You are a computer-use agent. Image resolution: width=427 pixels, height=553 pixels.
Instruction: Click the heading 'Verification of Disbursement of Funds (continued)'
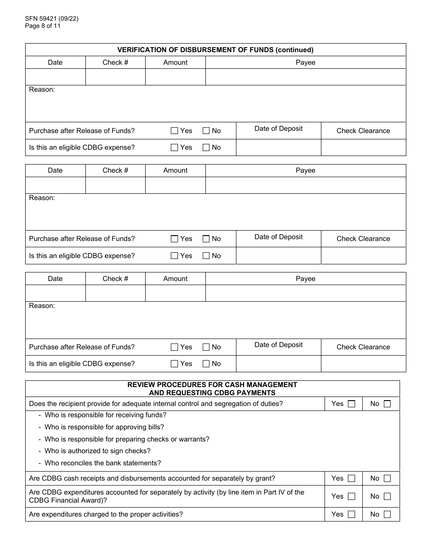click(x=215, y=50)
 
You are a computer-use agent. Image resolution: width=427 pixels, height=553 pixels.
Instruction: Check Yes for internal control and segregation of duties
click(x=351, y=404)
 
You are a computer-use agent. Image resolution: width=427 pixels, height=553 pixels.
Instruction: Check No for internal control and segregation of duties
click(x=387, y=404)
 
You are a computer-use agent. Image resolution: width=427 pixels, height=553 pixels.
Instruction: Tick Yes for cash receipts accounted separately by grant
click(x=351, y=478)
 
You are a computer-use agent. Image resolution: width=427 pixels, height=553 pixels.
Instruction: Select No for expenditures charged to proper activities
click(x=387, y=514)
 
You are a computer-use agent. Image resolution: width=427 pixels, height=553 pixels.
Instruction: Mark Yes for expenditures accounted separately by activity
click(x=351, y=496)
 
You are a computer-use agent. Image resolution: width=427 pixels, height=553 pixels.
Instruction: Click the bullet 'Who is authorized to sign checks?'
click(x=98, y=451)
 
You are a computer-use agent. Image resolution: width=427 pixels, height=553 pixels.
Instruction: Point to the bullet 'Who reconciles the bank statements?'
click(x=102, y=463)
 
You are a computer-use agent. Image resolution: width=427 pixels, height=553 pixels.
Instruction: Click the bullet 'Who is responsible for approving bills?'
click(x=104, y=427)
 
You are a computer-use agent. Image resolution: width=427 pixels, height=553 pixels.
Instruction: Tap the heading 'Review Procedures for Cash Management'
click(x=212, y=385)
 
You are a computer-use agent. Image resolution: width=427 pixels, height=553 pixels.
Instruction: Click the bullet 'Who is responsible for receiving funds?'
click(x=105, y=415)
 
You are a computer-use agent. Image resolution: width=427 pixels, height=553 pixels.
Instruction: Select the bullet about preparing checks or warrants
click(x=127, y=439)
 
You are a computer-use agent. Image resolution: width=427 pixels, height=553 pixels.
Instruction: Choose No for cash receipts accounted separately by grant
click(x=387, y=478)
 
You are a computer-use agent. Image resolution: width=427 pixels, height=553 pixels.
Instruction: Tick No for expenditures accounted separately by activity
click(x=387, y=496)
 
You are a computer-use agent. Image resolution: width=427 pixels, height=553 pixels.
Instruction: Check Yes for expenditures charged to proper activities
click(x=351, y=514)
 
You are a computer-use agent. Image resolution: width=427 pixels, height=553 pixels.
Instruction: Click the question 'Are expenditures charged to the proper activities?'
click(x=106, y=514)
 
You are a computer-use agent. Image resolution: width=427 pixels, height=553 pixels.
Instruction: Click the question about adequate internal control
click(x=156, y=404)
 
